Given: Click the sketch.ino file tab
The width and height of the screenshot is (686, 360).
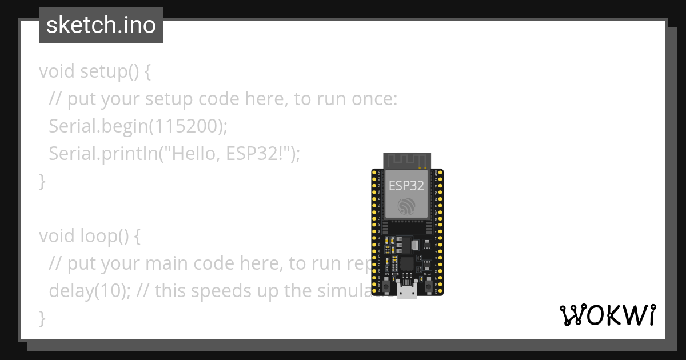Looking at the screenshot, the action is click(x=101, y=25).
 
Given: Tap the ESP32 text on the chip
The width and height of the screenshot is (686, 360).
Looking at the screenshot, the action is click(x=406, y=186).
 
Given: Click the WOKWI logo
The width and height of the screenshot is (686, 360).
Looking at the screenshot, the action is click(x=607, y=315).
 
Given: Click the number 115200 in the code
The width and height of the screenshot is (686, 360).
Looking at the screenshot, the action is click(x=185, y=126).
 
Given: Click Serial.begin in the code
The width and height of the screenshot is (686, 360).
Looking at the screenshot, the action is click(x=98, y=126).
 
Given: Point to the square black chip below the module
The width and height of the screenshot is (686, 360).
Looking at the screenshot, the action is click(x=407, y=263).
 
